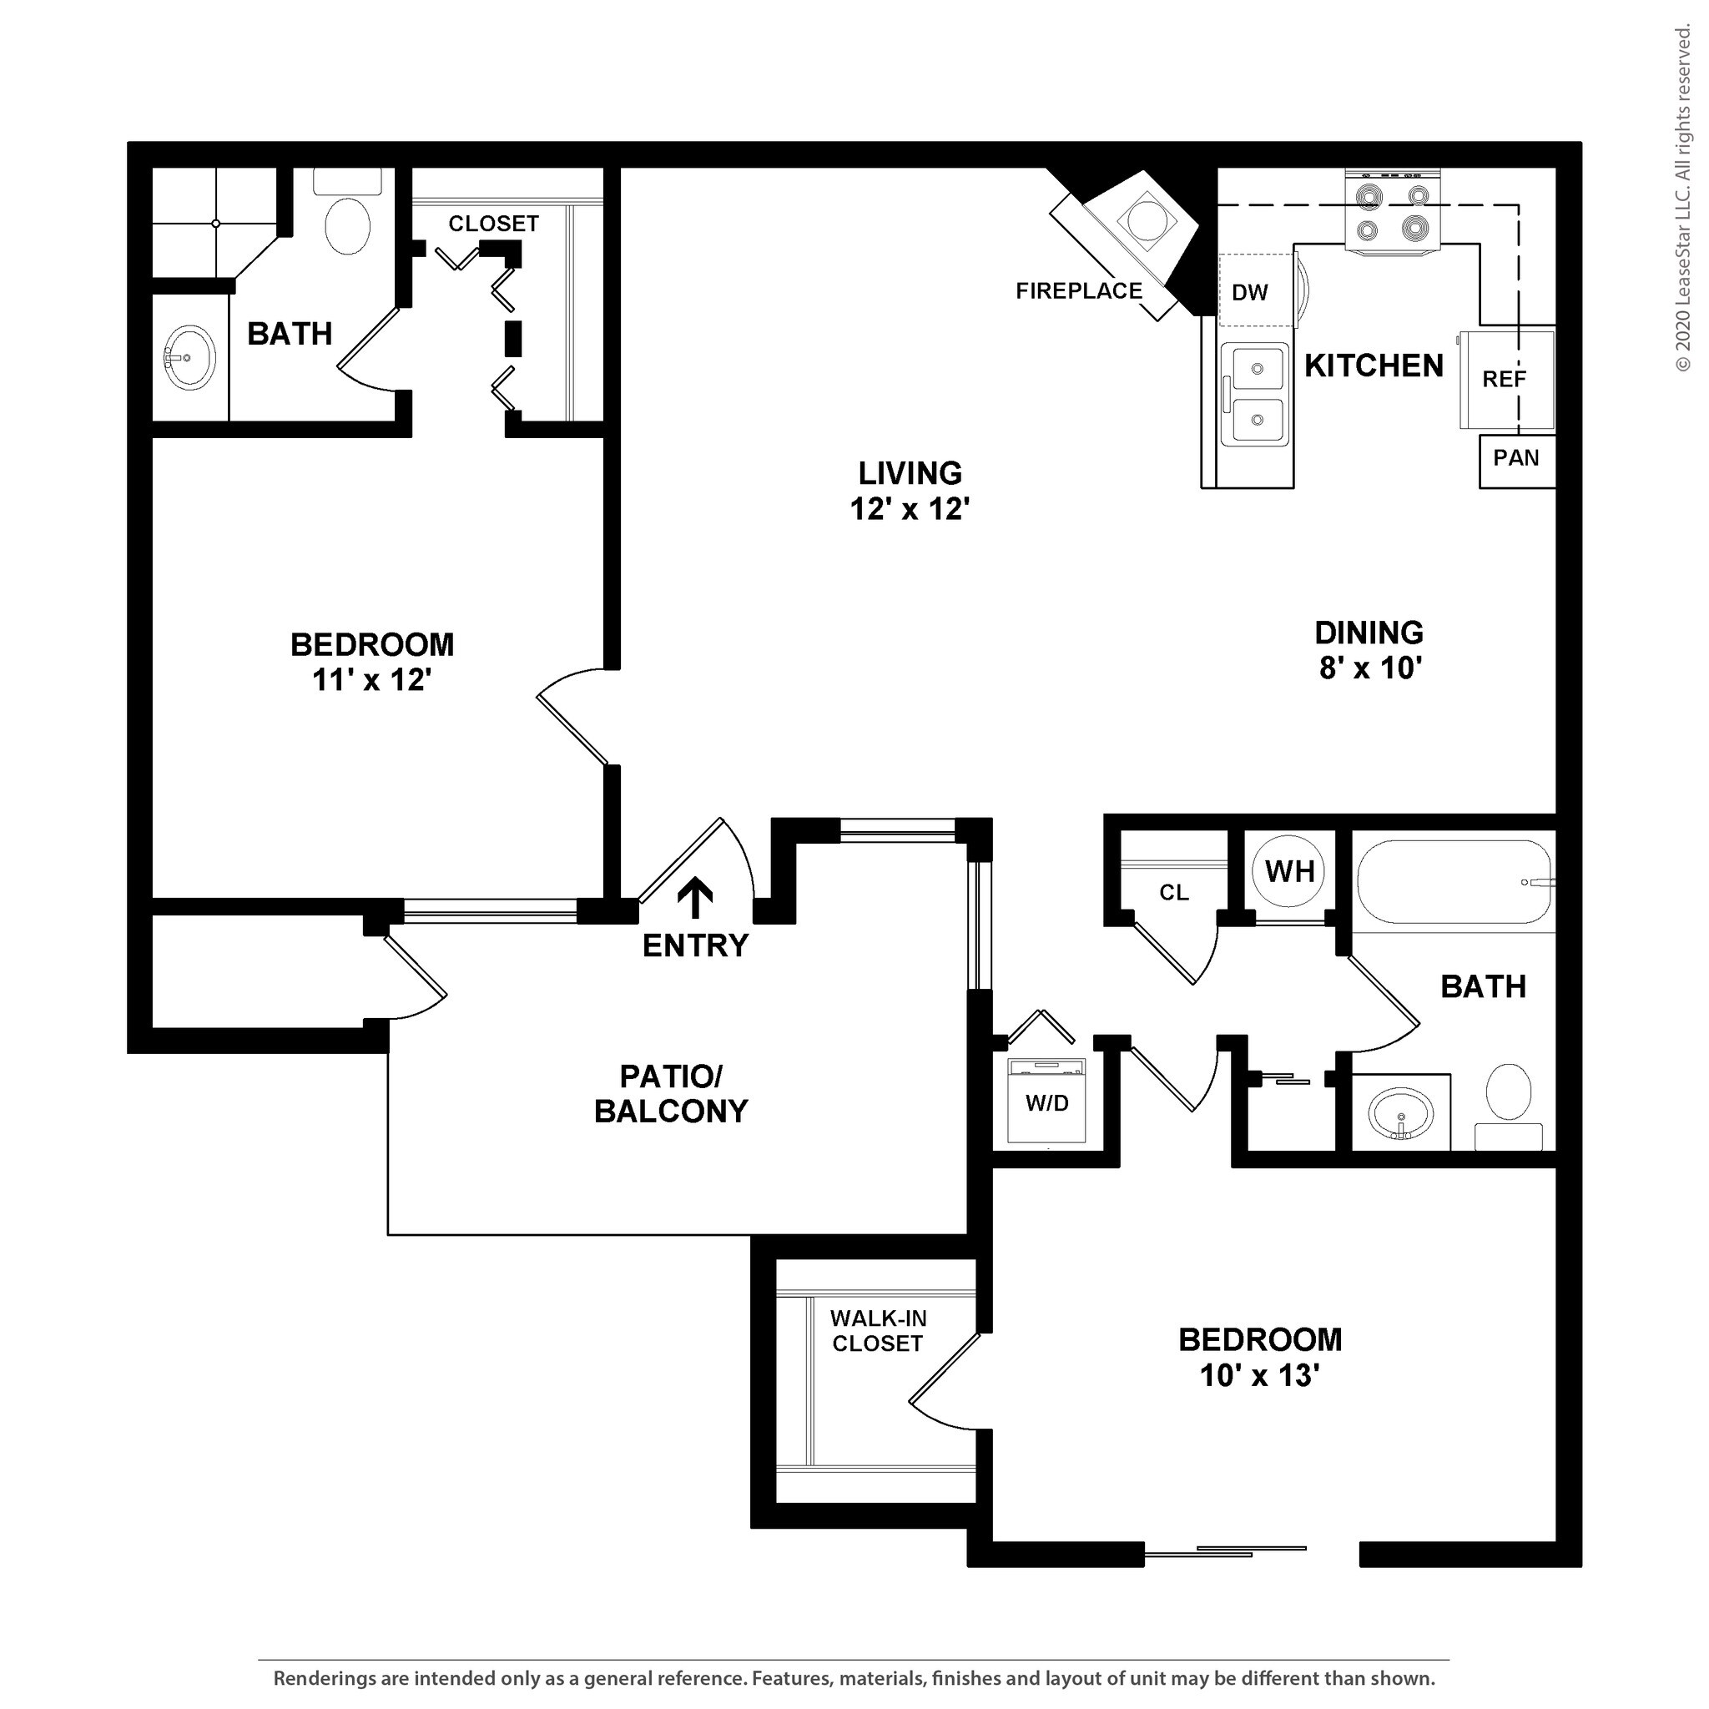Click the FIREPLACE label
click(1078, 291)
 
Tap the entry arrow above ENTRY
click(695, 897)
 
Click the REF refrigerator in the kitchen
click(1506, 380)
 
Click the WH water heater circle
click(1290, 871)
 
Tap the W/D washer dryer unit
click(1046, 1101)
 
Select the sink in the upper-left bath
click(189, 357)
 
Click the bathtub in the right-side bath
click(1455, 882)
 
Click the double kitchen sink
click(1255, 394)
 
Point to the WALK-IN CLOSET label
click(878, 1330)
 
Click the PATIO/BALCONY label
click(672, 1093)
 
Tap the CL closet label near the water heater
click(1174, 893)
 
